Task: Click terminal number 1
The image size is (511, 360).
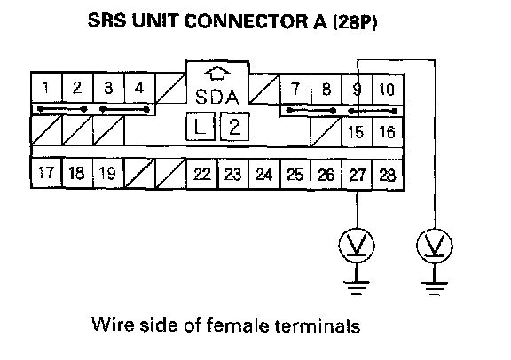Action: pos(46,88)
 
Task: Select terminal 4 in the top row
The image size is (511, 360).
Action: pos(139,88)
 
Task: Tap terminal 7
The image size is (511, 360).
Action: pos(295,89)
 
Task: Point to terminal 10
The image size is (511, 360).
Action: pos(388,89)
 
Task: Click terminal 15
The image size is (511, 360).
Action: pos(357,132)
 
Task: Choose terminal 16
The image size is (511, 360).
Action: pos(388,132)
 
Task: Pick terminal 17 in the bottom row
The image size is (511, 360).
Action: pos(46,173)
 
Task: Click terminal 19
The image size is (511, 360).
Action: pos(108,173)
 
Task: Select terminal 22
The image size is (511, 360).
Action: pos(202,175)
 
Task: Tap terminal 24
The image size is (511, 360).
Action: pos(264,175)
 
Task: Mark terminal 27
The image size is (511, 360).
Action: pos(357,175)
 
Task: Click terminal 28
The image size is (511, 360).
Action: pos(388,175)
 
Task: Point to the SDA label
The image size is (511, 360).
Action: pos(217,97)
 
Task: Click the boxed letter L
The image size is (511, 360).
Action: pos(200,127)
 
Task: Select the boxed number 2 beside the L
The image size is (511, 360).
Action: pos(234,127)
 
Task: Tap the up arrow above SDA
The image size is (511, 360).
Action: pos(217,74)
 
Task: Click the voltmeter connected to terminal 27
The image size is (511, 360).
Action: pos(357,246)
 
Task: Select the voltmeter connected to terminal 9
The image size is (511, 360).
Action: pos(435,246)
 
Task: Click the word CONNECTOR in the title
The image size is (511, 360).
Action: pos(246,21)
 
